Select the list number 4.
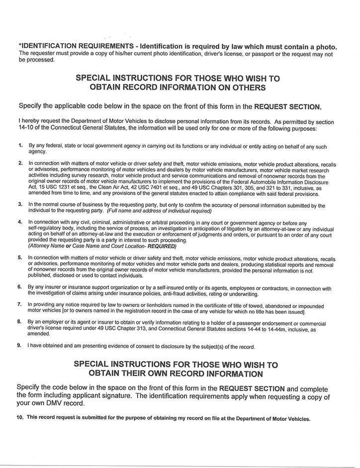pyautogui.click(x=20, y=222)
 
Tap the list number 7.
pyautogui.click(x=20, y=304)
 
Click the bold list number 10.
pyautogui.click(x=20, y=418)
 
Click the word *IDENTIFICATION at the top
pyautogui.click(x=46, y=47)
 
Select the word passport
pyautogui.click(x=274, y=54)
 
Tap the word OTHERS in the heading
pyautogui.click(x=250, y=87)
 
